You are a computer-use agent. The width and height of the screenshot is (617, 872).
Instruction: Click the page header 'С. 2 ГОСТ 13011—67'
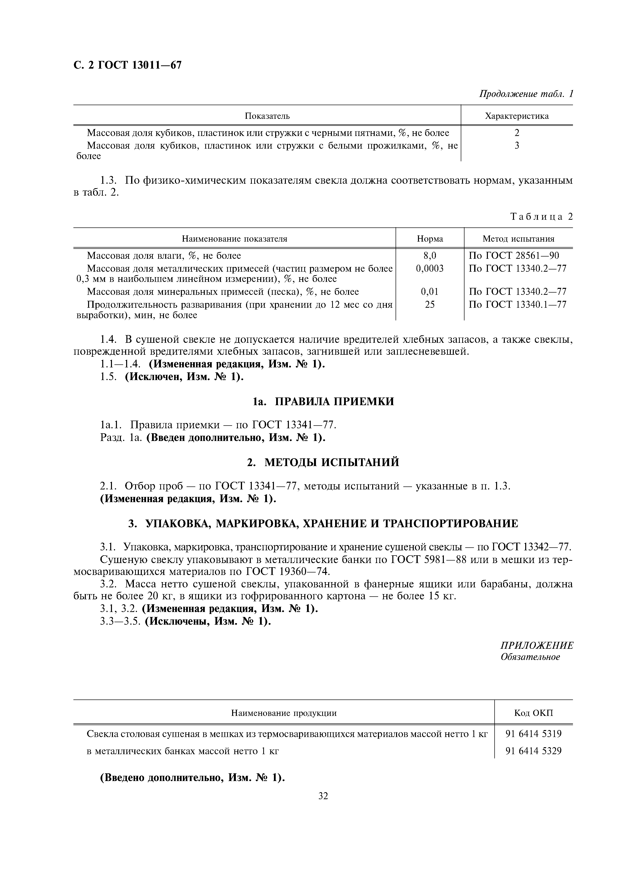click(127, 65)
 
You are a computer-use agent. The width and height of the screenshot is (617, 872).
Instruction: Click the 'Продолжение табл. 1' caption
click(525, 94)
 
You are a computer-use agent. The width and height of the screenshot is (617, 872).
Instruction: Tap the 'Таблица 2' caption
click(541, 217)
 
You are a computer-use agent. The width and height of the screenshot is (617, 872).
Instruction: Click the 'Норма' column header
click(430, 239)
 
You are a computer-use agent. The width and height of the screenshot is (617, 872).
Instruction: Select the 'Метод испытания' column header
click(518, 239)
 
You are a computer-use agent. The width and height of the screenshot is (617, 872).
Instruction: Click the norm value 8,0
click(430, 256)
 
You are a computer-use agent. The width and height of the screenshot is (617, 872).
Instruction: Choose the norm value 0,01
click(430, 292)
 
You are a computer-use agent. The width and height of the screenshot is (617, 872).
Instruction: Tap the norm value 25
click(430, 305)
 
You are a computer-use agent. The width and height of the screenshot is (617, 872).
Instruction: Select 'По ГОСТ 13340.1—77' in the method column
click(517, 305)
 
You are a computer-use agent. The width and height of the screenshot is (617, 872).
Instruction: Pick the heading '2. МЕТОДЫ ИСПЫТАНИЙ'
click(323, 462)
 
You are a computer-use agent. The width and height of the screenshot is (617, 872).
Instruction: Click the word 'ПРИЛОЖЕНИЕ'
click(536, 646)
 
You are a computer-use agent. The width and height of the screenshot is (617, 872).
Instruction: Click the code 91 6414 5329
click(533, 751)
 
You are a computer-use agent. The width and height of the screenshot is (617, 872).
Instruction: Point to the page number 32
click(323, 796)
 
